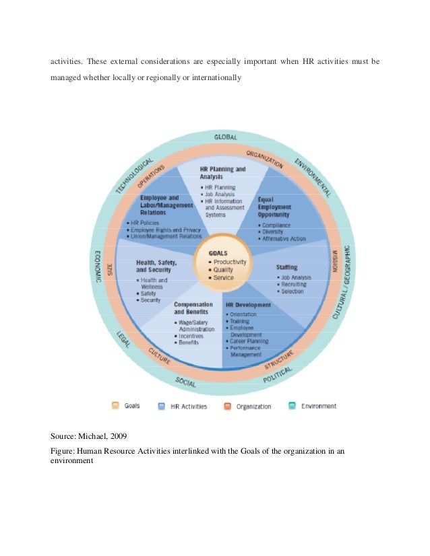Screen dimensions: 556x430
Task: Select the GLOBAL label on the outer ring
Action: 226,137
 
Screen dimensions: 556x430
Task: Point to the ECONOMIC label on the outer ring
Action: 98,267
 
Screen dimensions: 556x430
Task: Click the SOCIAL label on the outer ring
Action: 186,383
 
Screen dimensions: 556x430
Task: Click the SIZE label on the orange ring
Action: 111,270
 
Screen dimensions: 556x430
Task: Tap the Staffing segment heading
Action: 286,268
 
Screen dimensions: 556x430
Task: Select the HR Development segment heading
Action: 248,305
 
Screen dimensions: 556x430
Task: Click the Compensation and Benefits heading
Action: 194,308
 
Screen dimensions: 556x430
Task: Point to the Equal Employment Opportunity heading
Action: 274,207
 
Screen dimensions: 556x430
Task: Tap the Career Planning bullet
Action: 249,341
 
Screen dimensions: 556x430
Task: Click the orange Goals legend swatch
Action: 115,406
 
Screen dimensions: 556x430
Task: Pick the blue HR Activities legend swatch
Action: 162,406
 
